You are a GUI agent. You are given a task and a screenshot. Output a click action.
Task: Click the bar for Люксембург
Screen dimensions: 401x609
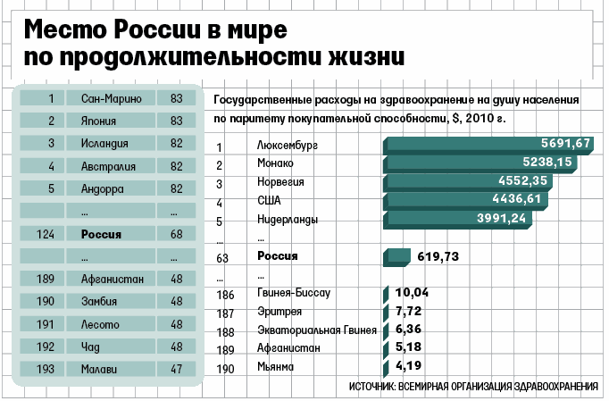click(x=487, y=145)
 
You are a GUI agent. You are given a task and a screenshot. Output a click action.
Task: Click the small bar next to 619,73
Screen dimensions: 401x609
click(x=396, y=257)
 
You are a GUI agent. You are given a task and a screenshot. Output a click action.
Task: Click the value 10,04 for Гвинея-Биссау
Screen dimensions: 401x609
click(x=412, y=293)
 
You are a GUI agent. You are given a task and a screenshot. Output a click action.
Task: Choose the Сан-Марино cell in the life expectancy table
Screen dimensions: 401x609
click(x=111, y=98)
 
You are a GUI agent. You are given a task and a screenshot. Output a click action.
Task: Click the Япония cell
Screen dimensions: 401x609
click(x=111, y=121)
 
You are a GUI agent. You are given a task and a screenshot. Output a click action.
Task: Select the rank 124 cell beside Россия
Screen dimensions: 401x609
click(x=52, y=234)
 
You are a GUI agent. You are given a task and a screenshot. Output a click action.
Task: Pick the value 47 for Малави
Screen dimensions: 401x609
click(x=176, y=368)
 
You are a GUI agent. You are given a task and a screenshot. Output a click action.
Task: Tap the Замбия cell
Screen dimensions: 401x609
click(x=111, y=301)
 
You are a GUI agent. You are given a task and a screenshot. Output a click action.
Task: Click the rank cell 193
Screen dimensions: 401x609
click(x=52, y=368)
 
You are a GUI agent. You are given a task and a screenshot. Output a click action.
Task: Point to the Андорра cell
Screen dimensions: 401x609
click(x=111, y=188)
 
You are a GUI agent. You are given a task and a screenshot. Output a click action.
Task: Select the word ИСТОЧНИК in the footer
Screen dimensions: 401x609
click(x=374, y=386)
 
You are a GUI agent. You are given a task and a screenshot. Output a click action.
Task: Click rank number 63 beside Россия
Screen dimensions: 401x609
click(x=223, y=257)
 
